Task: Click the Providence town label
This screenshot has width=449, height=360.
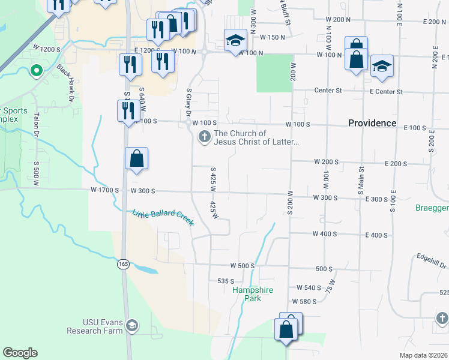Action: (372, 123)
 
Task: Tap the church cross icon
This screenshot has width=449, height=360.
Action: (204, 137)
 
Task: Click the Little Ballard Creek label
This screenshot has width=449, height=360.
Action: (163, 217)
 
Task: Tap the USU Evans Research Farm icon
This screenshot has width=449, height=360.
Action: (132, 326)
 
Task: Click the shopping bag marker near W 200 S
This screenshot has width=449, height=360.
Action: (137, 159)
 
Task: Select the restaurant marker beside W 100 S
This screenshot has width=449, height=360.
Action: (128, 111)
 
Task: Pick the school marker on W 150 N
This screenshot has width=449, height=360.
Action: (235, 40)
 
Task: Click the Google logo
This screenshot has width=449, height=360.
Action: (20, 353)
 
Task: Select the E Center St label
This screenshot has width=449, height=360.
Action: (386, 91)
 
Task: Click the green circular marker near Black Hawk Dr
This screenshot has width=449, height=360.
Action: (36, 71)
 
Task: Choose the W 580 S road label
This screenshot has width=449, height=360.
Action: (304, 301)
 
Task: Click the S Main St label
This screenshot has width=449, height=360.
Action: (361, 181)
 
